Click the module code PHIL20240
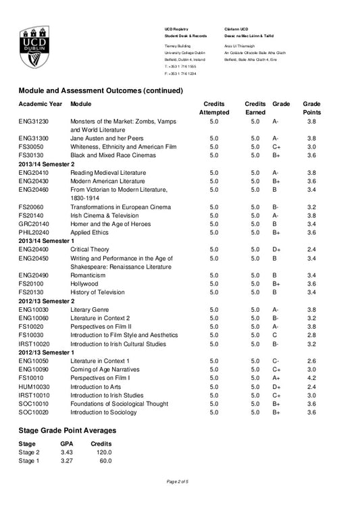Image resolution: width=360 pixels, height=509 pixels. pyautogui.click(x=36, y=232)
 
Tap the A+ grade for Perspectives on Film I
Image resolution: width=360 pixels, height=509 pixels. pyautogui.click(x=276, y=379)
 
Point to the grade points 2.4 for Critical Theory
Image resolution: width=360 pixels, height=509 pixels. pyautogui.click(x=311, y=249)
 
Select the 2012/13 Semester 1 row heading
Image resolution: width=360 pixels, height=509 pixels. pyautogui.click(x=47, y=352)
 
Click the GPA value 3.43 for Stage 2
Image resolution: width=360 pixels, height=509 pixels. pyautogui.click(x=66, y=452)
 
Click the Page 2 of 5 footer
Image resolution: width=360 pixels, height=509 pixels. pyautogui.click(x=179, y=481)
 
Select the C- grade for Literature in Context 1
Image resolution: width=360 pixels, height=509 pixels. pyautogui.click(x=276, y=361)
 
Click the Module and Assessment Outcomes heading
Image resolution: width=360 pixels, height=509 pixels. pyautogui.click(x=101, y=90)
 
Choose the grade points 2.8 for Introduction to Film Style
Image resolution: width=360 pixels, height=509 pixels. pyautogui.click(x=311, y=335)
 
